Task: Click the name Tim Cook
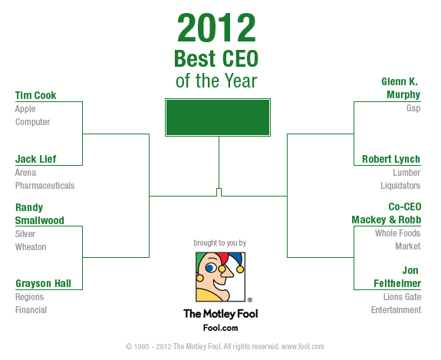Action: coord(36,95)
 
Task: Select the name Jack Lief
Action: coord(36,159)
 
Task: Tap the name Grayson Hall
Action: coord(43,283)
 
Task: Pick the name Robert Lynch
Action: coord(391,159)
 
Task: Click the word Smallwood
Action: coord(40,220)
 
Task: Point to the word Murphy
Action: coord(403,95)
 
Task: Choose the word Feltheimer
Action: coord(397,283)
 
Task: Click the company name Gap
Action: coord(413,108)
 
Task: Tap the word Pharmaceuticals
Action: coord(44,186)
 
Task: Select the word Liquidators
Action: coord(400,186)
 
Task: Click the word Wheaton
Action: coord(31,247)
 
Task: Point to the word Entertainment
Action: coord(396,310)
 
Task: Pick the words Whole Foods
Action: coord(397,233)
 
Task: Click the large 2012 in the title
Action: coord(216,28)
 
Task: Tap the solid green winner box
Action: coord(218,117)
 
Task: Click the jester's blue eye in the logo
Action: coord(211,268)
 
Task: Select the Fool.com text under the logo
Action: coord(221,328)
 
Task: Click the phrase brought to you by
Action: coord(220,243)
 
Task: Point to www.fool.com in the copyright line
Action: coord(303,346)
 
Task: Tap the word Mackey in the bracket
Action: coord(369,220)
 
